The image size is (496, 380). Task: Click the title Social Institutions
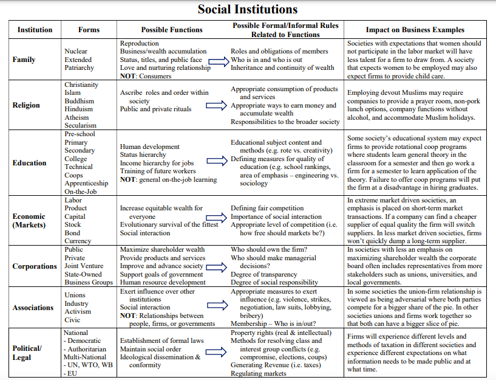click(248, 9)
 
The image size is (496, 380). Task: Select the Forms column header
click(89, 30)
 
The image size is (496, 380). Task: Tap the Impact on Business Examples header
click(415, 30)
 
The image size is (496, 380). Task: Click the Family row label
click(24, 60)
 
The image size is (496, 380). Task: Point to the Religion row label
click(26, 105)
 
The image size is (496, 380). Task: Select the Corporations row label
click(35, 266)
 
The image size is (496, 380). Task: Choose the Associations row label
click(33, 308)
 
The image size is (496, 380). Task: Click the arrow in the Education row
click(217, 161)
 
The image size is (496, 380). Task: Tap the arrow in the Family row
click(219, 60)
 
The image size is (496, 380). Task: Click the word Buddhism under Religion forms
click(80, 101)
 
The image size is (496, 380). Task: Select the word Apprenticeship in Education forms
click(86, 183)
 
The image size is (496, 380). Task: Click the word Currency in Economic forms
click(78, 241)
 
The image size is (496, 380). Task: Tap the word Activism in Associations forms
click(78, 311)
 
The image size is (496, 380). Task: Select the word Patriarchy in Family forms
click(80, 68)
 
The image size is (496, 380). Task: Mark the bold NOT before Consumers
click(128, 77)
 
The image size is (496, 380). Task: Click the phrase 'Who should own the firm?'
click(268, 249)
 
